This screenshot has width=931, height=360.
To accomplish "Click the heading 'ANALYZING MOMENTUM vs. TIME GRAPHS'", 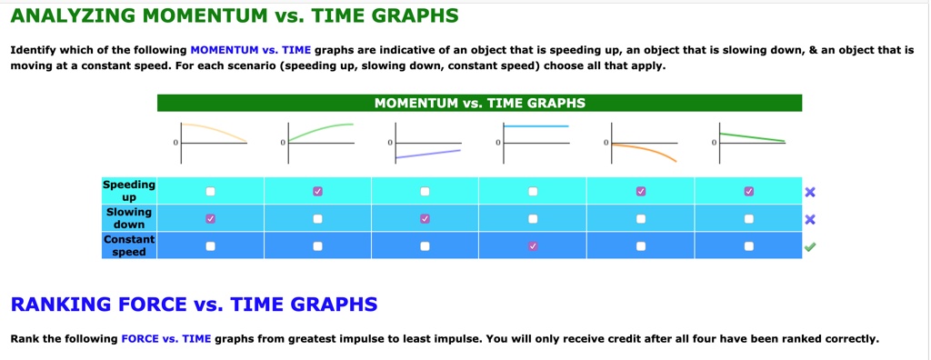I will (235, 16).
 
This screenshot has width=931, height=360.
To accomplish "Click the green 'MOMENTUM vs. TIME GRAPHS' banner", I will (479, 103).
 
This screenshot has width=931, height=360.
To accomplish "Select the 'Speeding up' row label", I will (129, 191).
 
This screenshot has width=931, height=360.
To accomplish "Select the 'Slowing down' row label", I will (129, 218).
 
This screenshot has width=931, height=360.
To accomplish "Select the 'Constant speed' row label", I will (129, 245).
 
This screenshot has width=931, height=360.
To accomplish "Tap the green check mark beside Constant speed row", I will (810, 245).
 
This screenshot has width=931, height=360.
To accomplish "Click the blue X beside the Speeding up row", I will (810, 192).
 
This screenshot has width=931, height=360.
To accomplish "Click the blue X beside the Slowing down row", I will (810, 219).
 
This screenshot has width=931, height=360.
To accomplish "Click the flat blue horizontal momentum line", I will (536, 126).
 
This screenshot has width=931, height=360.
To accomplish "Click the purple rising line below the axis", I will (432, 154).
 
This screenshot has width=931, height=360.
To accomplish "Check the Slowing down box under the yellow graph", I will (210, 219).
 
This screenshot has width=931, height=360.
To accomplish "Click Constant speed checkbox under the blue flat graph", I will (533, 245).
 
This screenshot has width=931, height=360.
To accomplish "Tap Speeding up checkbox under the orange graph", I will (641, 192).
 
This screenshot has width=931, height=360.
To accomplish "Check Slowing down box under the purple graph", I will (425, 219).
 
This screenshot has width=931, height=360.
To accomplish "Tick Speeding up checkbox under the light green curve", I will (317, 192).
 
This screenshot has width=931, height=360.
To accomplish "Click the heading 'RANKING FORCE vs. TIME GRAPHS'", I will (194, 304).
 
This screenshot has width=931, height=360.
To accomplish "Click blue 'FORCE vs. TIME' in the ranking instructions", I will (165, 339).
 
